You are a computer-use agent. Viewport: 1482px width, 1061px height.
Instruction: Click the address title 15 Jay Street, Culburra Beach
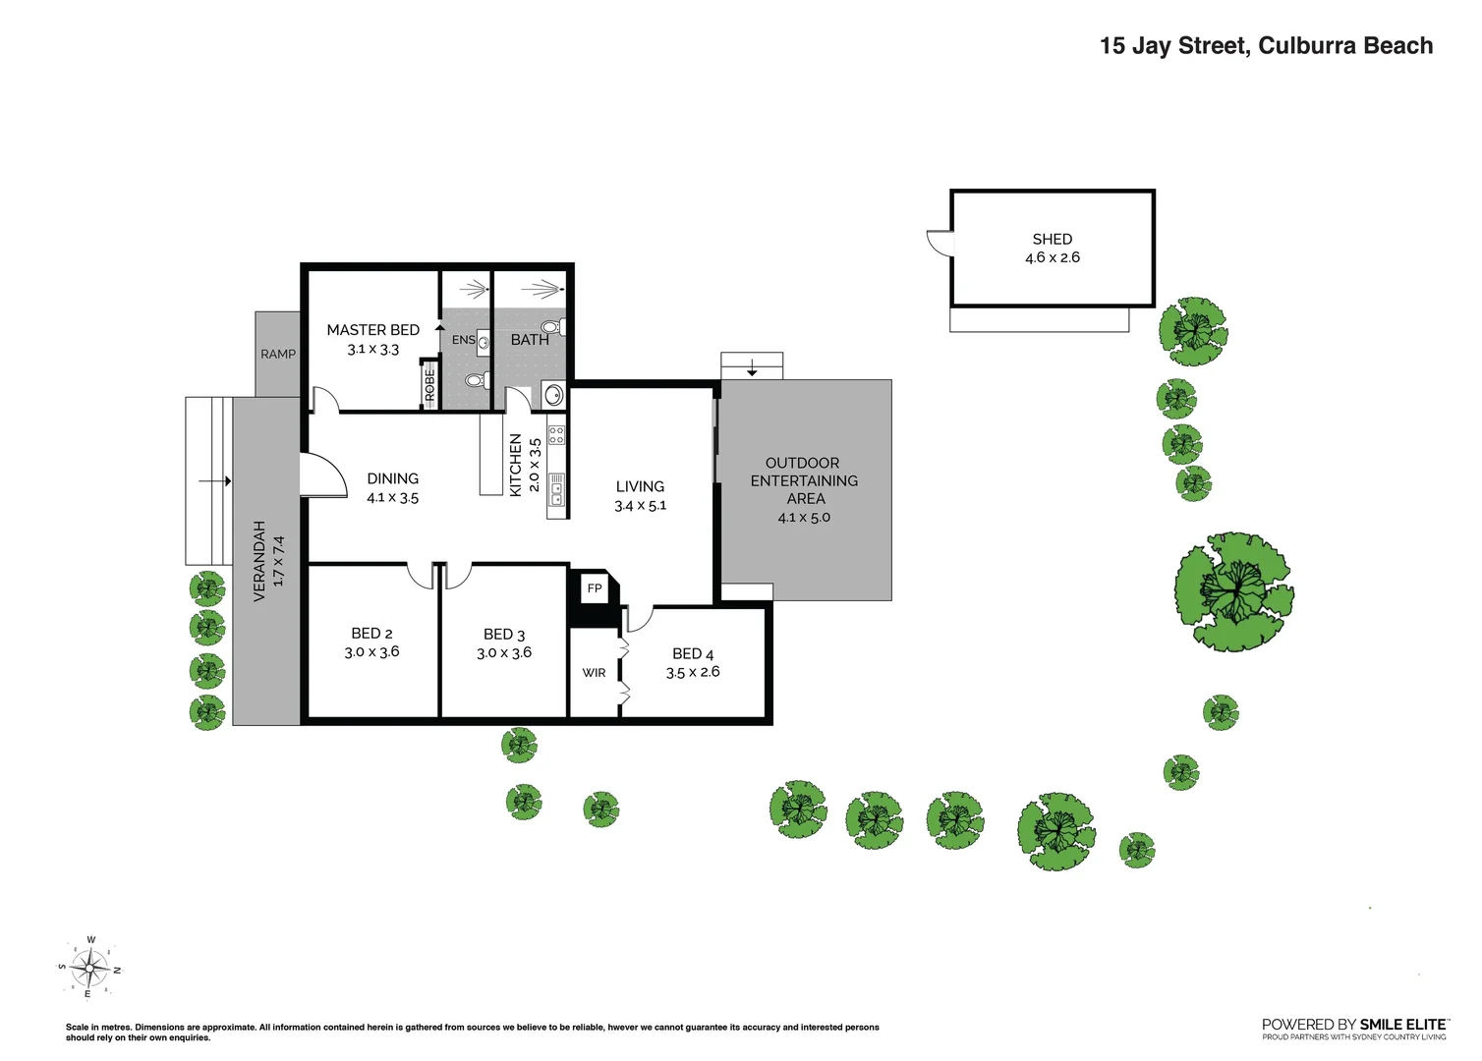point(1266,46)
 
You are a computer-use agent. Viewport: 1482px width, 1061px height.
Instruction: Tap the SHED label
point(1052,239)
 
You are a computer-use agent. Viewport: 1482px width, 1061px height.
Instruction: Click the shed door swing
point(940,242)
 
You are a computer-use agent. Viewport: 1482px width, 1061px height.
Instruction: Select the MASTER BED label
point(372,330)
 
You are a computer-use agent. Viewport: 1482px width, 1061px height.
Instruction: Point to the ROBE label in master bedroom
point(429,385)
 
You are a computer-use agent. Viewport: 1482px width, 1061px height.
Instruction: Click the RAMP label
point(277,354)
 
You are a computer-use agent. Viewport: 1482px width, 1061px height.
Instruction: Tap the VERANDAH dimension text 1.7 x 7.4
point(278,561)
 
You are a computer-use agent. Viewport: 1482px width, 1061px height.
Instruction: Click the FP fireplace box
point(594,588)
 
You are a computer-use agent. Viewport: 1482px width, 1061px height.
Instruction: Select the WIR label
point(594,673)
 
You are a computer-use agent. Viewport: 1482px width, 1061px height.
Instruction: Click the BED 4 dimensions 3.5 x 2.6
point(693,672)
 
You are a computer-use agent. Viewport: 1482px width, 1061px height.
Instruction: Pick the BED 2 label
point(371,634)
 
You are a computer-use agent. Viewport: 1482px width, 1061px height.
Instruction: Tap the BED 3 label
point(504,635)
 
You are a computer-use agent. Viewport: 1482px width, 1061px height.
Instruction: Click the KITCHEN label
point(515,465)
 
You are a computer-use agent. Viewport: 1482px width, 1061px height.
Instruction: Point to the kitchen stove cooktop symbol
point(556,434)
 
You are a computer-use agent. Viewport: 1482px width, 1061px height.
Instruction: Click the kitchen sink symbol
point(556,489)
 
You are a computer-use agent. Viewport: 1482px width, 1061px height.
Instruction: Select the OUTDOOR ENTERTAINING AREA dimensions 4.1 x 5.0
point(804,518)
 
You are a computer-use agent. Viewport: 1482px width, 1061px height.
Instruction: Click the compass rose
point(89,969)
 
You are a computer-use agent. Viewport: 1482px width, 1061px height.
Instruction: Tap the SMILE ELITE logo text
point(1402,1024)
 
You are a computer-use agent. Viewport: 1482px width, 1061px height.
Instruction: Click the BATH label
point(529,340)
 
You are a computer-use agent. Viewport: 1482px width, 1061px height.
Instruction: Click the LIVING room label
point(640,486)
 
